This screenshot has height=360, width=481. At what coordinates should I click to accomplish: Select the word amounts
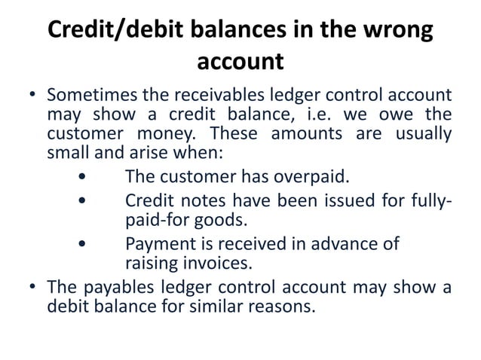318,134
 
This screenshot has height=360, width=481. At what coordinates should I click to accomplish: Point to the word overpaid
314,177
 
